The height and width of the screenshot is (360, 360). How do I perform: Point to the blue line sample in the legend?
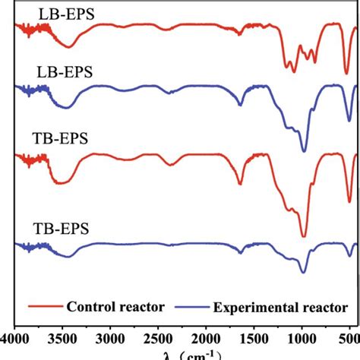tap(194, 308)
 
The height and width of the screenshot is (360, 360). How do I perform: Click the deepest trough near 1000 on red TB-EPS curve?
tap(303, 236)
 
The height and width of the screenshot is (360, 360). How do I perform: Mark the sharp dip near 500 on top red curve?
tap(346, 73)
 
